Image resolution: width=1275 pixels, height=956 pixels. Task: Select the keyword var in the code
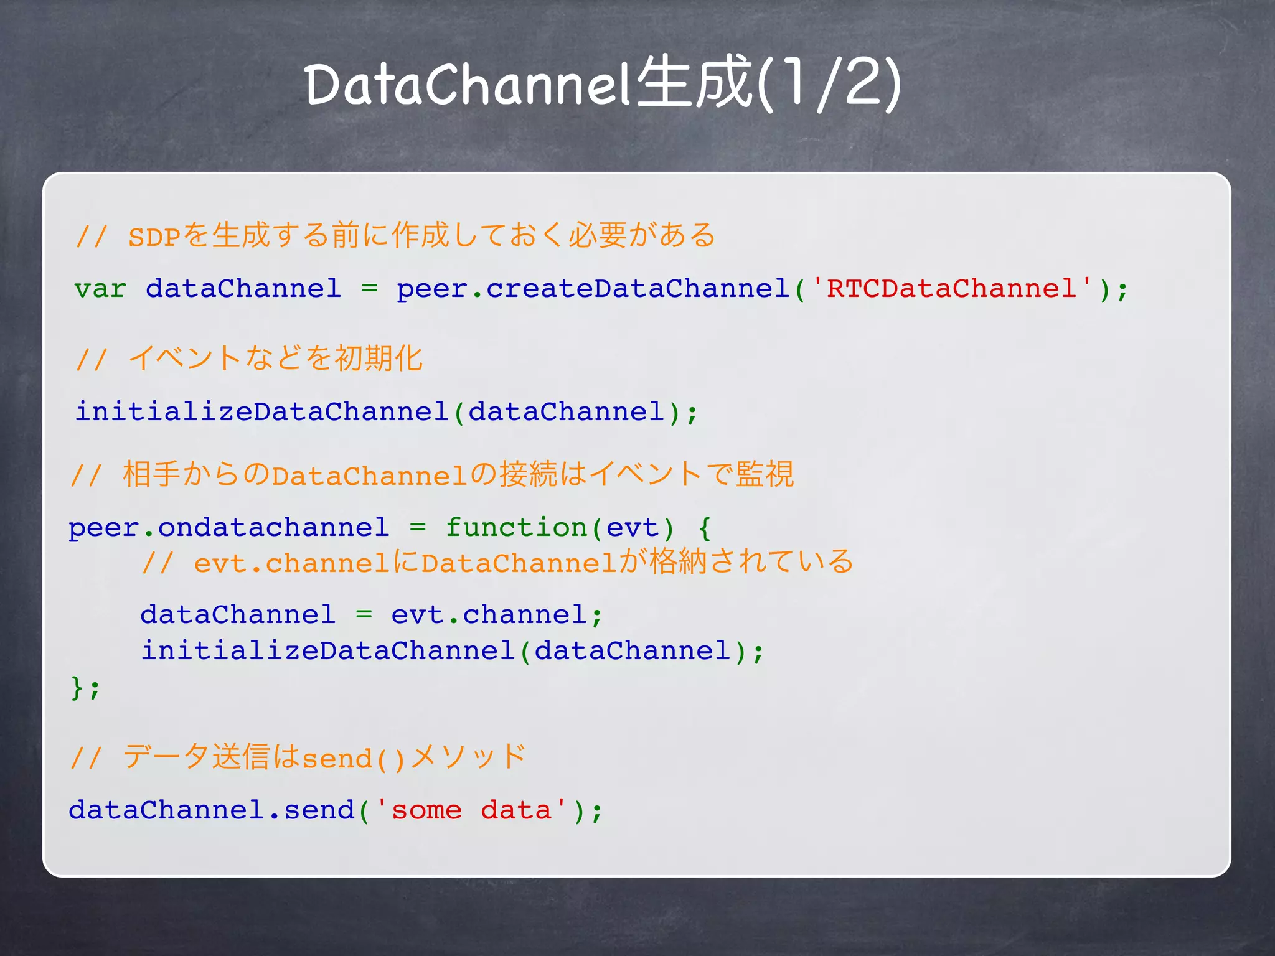click(x=100, y=289)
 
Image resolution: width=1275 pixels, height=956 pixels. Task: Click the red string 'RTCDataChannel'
click(x=951, y=289)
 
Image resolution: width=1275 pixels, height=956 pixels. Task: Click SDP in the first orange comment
click(x=154, y=237)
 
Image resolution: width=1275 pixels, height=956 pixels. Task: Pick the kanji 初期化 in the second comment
click(x=379, y=359)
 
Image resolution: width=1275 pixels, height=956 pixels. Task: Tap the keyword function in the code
click(x=516, y=528)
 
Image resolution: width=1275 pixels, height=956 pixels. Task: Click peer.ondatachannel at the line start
click(x=228, y=528)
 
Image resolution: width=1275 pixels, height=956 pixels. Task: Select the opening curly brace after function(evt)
click(x=704, y=528)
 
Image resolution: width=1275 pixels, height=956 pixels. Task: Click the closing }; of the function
click(x=85, y=688)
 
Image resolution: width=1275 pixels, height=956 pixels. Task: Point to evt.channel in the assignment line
click(x=489, y=615)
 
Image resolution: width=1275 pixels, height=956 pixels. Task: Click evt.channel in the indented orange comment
click(x=291, y=563)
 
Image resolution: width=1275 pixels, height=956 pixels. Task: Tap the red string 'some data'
click(x=471, y=810)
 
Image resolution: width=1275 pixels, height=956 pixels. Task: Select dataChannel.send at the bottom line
click(x=212, y=810)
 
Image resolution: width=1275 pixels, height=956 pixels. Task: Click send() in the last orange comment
click(x=354, y=759)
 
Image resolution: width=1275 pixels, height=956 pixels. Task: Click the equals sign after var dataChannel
click(x=370, y=289)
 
